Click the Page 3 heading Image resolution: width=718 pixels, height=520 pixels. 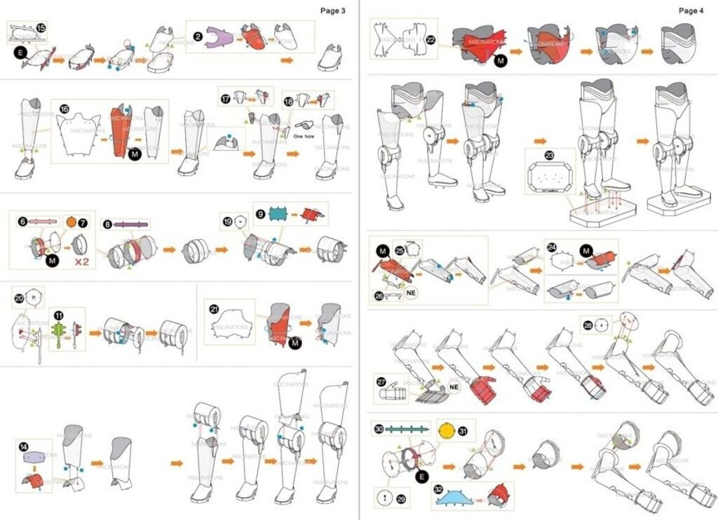pyautogui.click(x=333, y=11)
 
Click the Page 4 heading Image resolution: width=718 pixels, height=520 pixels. pyautogui.click(x=691, y=11)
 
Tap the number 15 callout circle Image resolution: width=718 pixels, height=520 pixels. pyautogui.click(x=41, y=28)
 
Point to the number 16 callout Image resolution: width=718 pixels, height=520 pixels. pyautogui.click(x=64, y=109)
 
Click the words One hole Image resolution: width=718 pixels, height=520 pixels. pyautogui.click(x=304, y=136)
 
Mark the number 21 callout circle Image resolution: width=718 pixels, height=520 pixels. pyautogui.click(x=214, y=308)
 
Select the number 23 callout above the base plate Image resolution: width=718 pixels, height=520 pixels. pyautogui.click(x=549, y=155)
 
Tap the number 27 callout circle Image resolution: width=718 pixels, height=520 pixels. pyautogui.click(x=382, y=382)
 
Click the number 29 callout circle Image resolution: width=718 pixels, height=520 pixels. pyautogui.click(x=400, y=499)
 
